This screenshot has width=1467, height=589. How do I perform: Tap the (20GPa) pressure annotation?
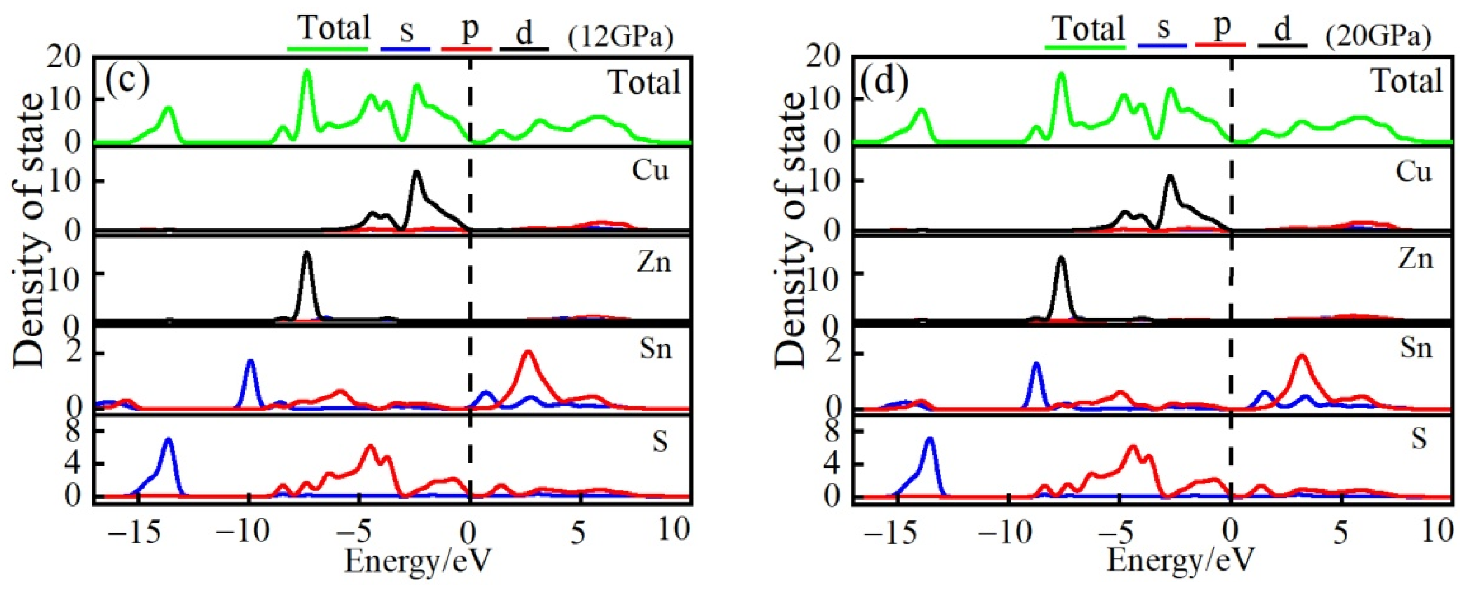[1378, 37]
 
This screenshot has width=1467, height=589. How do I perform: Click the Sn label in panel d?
[1416, 348]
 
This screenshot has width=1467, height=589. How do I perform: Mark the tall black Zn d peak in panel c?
[307, 253]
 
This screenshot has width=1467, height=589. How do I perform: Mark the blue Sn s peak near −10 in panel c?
[250, 361]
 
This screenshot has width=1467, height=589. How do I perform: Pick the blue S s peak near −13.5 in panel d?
[930, 439]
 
